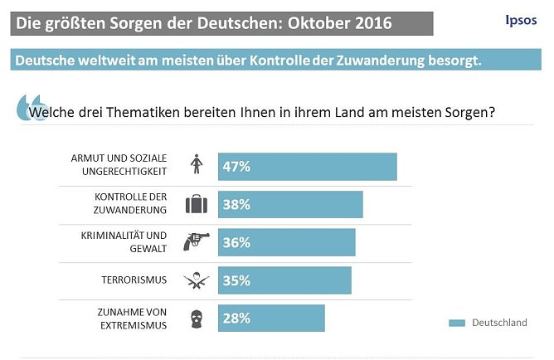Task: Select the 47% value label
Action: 236,166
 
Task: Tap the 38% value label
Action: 236,204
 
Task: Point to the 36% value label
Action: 236,242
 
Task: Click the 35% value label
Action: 236,280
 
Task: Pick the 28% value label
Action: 236,318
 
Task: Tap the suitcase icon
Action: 197,204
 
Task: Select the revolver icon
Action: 197,241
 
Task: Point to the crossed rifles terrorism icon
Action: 197,280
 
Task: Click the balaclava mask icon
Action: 197,318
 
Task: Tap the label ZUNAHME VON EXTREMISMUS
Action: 131,319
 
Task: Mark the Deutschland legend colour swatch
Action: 457,323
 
